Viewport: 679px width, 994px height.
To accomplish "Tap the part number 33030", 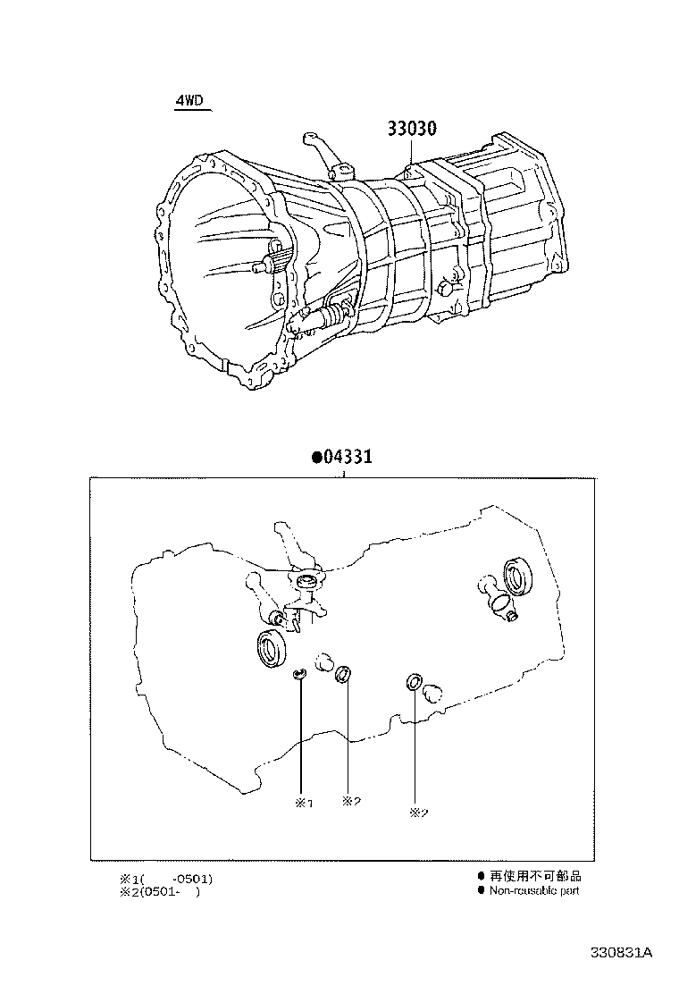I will [411, 129].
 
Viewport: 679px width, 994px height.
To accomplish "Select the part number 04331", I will [347, 457].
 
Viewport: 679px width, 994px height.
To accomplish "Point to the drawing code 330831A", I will [621, 953].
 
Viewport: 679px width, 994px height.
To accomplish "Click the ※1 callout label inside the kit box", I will [304, 803].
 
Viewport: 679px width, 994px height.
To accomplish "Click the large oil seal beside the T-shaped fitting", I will [516, 577].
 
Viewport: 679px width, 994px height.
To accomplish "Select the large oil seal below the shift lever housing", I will [271, 648].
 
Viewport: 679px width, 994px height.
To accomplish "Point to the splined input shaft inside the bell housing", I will [269, 263].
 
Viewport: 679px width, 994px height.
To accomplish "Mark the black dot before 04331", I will [316, 457].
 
